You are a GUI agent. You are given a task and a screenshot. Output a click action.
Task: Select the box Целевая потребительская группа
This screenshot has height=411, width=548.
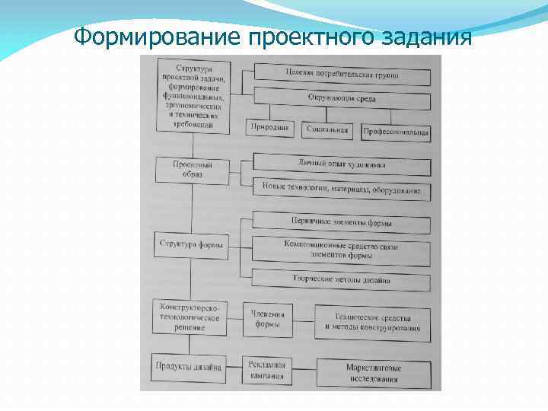[x=342, y=75]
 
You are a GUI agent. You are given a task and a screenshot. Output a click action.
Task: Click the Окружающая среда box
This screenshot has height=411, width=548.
[x=342, y=99]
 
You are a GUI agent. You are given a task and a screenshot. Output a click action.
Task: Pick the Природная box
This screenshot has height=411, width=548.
[x=269, y=128]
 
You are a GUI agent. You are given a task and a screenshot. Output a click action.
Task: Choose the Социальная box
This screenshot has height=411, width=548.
[x=327, y=130]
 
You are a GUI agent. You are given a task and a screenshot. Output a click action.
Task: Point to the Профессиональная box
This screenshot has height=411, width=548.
[x=396, y=132]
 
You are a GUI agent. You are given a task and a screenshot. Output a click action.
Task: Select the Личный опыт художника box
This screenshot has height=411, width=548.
[x=342, y=163]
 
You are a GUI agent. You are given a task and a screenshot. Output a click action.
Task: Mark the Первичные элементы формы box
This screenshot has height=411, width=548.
[x=342, y=222]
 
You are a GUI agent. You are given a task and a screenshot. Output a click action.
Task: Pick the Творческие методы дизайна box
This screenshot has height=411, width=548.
[x=342, y=279]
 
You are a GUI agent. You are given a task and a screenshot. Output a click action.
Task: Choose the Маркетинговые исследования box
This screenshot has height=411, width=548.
[x=373, y=373]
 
